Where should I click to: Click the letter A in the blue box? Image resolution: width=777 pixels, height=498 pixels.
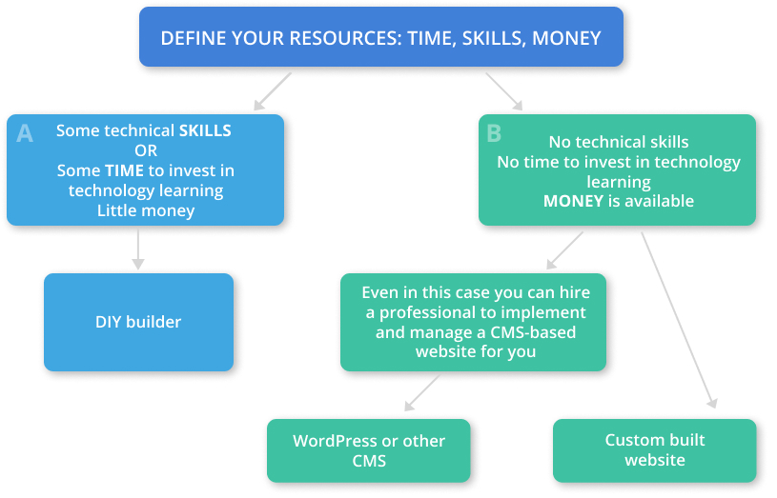25,133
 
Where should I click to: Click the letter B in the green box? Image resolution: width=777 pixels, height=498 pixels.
494,133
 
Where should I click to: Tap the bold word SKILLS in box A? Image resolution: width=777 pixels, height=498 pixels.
205,130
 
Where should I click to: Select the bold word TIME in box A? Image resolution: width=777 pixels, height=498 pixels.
124,170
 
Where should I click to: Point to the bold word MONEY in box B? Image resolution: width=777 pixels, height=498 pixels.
573,201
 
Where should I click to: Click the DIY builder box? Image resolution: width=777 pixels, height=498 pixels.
139,322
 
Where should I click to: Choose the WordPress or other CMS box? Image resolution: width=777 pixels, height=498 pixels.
369,451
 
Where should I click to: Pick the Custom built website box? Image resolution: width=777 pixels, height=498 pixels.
655,450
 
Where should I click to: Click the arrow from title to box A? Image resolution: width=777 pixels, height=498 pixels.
273,91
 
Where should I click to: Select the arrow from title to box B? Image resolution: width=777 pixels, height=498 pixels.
504,91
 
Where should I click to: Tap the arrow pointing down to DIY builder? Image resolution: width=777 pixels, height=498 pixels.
138,250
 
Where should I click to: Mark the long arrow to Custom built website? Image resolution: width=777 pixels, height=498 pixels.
680,320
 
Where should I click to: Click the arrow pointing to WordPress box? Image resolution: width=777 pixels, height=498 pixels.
422,393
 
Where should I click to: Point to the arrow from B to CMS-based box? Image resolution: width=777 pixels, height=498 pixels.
564,250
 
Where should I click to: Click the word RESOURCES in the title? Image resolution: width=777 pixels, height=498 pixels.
345,38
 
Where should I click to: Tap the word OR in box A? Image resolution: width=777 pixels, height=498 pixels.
146,150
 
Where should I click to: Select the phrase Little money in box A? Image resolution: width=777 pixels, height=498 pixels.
146,210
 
